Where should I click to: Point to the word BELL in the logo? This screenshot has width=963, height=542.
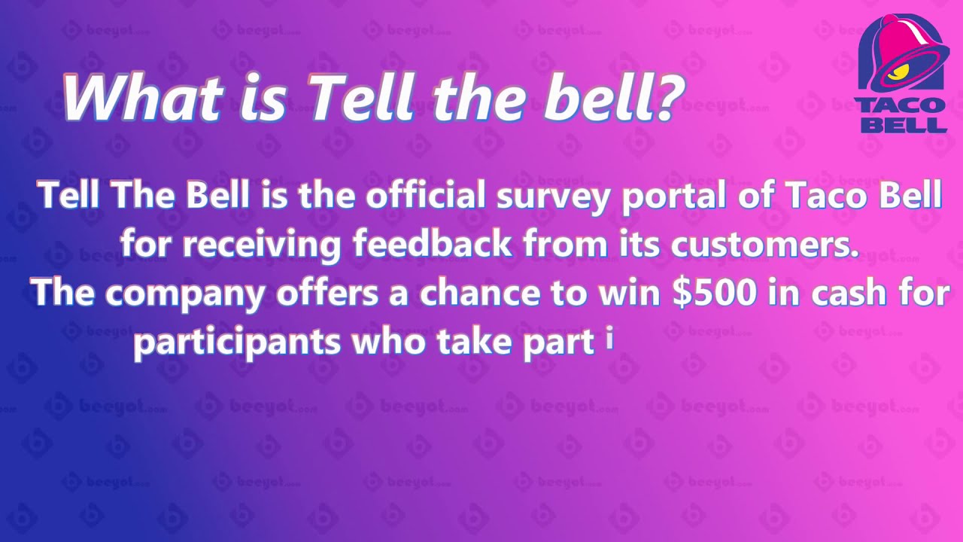click(902, 123)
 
